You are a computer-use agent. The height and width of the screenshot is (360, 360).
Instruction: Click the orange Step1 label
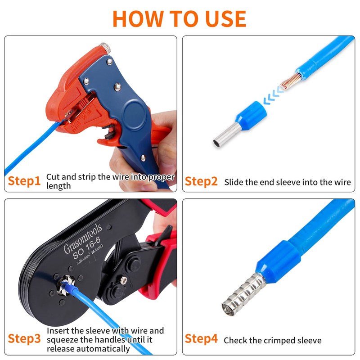[x=24, y=181]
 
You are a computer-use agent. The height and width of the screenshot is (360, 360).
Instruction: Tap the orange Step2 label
[x=201, y=181]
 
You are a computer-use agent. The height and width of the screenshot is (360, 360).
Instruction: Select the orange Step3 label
[x=24, y=339]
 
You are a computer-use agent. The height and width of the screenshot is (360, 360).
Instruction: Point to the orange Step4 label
[x=201, y=339]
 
